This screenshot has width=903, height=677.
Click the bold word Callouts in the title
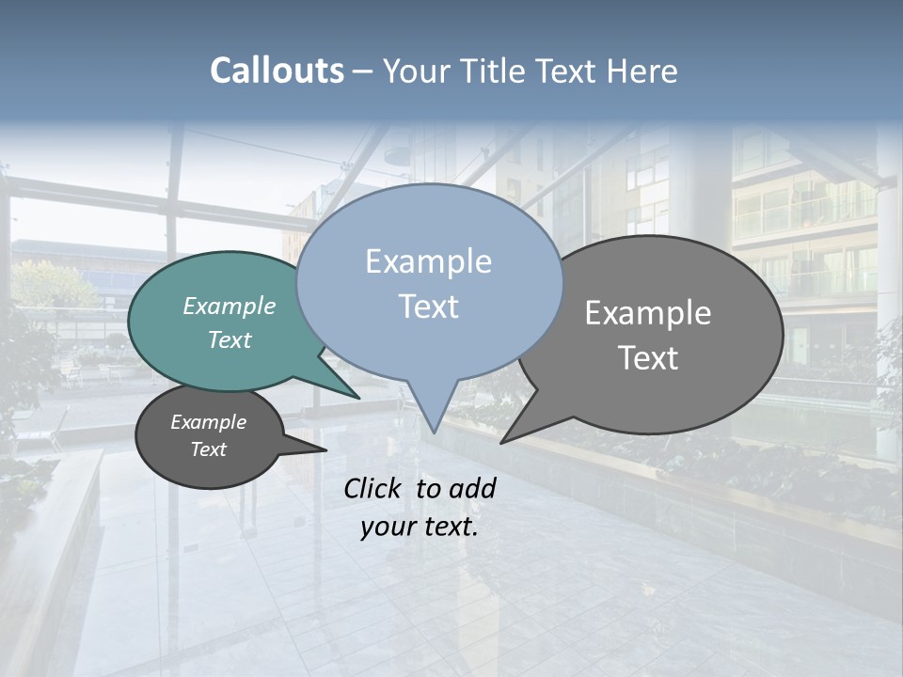tap(277, 71)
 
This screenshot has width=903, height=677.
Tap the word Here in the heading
tap(642, 71)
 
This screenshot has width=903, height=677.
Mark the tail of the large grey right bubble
tap(508, 439)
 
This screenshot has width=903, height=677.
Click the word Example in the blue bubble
tap(428, 261)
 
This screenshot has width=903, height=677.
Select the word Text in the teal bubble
tap(230, 339)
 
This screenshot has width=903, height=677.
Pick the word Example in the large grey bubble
tap(648, 313)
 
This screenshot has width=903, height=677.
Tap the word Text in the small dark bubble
tap(208, 449)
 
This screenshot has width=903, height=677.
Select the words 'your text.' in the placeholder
tap(420, 527)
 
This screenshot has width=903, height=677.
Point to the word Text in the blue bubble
tap(429, 307)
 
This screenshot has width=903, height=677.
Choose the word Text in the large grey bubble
tap(649, 358)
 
